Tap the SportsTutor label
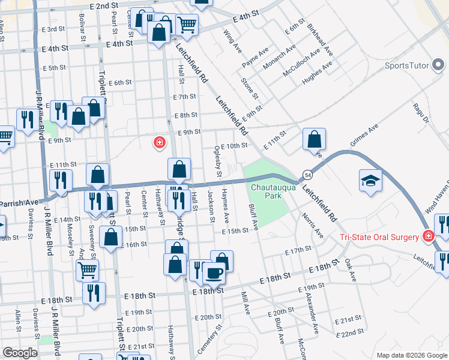[x=406, y=65]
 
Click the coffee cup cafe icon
[x=214, y=274]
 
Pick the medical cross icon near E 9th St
[x=159, y=143]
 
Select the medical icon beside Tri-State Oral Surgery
[x=427, y=236]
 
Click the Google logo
[x=20, y=353]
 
